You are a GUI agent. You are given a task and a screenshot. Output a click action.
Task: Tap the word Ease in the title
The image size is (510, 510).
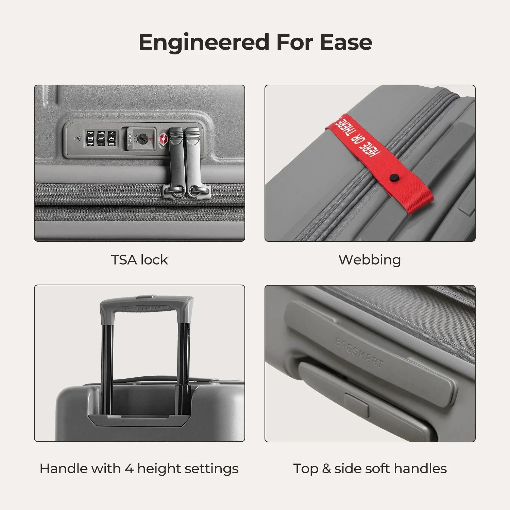346,42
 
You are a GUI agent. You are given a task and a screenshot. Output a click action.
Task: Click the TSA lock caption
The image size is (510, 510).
139,260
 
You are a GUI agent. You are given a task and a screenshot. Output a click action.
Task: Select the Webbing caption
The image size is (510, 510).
370,260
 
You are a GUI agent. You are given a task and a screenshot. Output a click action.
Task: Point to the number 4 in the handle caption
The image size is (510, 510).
129,469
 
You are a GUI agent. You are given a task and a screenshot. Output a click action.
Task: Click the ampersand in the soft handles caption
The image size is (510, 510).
326,469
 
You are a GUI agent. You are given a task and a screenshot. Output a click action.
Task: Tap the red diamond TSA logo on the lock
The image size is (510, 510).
163,139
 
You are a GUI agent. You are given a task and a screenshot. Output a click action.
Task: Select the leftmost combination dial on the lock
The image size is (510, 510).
91,138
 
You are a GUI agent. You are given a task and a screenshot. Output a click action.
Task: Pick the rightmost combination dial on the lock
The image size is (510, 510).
111,138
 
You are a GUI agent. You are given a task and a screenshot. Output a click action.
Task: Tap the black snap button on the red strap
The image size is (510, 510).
394,177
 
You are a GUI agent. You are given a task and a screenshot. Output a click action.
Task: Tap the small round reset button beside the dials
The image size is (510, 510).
78,138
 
